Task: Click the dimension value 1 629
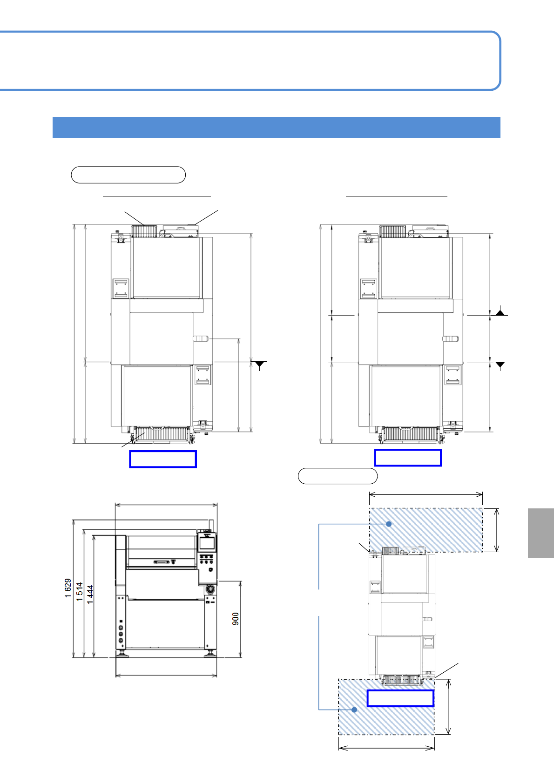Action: point(68,588)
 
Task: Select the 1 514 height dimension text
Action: point(80,592)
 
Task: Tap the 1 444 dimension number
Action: point(90,595)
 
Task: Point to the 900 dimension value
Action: point(236,619)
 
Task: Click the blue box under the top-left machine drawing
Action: point(163,459)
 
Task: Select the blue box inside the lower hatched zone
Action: point(400,698)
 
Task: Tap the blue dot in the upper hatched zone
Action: point(389,524)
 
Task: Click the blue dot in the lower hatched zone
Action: point(354,710)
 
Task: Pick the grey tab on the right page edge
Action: point(540,533)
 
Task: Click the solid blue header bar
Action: point(277,127)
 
